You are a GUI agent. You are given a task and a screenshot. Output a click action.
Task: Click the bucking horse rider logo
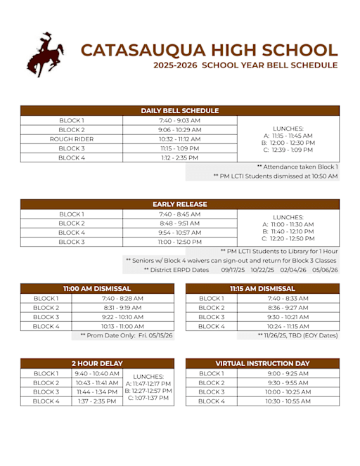[x=45, y=54]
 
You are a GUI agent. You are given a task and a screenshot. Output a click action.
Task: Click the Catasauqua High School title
[x=209, y=50]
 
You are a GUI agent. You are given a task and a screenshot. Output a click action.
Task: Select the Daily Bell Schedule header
[x=180, y=110]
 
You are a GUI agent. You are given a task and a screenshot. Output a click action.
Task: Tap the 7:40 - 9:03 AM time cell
[x=180, y=120]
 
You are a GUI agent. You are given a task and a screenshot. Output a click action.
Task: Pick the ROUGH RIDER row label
[x=72, y=139]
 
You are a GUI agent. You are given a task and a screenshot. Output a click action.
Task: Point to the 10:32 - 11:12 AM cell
[x=180, y=139]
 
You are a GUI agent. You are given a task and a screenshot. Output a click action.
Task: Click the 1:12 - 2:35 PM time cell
[x=180, y=158]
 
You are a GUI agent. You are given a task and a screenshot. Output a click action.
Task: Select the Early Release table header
[x=180, y=204]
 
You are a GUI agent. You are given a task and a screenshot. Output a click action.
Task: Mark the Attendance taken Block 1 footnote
[x=297, y=167]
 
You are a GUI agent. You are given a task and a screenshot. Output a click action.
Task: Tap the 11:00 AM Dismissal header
[x=97, y=288]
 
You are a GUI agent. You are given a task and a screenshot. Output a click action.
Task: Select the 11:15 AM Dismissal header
[x=262, y=288]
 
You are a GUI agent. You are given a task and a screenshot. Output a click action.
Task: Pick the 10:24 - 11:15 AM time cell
[x=288, y=326]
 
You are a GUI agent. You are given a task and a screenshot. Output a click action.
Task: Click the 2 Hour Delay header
[x=97, y=363]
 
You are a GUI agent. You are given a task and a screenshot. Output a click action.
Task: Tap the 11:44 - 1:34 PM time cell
[x=97, y=391]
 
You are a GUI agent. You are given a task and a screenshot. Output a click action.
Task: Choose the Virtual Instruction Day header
[x=262, y=363]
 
